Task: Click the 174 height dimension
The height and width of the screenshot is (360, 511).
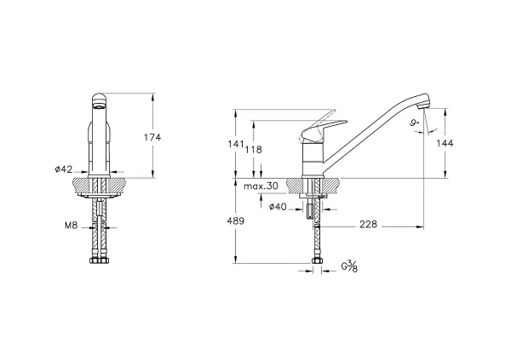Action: pos(152,138)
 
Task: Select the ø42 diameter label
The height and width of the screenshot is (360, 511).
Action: pos(64,169)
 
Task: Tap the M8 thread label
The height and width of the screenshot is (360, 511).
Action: pos(72,226)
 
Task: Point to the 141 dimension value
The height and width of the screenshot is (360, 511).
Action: pos(236,144)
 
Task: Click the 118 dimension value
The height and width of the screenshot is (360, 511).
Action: pos(254,150)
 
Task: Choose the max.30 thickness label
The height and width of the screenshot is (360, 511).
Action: pos(261,186)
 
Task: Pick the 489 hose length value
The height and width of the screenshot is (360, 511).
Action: pos(236,221)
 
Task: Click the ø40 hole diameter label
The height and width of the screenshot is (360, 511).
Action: pos(278,207)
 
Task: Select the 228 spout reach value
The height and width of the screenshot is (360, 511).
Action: pos(368,224)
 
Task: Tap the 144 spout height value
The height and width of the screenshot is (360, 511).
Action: pos(445,143)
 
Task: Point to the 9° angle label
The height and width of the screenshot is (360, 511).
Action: pos(414,123)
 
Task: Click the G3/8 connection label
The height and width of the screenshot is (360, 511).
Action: pos(349,266)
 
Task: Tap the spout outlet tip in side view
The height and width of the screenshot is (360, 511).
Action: pos(424,106)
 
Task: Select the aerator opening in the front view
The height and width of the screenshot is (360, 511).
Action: pos(99,106)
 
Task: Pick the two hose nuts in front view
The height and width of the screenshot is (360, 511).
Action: pos(100,260)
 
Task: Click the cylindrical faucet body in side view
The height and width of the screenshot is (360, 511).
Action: pos(313,159)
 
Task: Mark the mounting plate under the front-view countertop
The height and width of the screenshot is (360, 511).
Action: pos(100,195)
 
